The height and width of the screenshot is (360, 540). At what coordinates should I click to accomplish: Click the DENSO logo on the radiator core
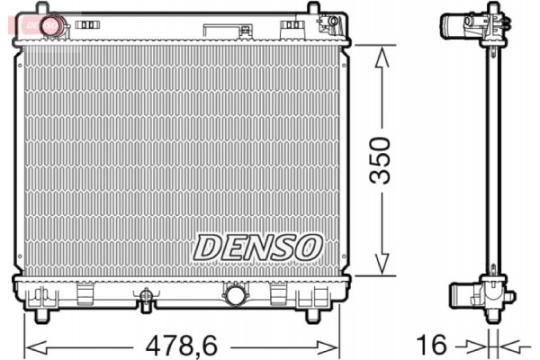click(x=257, y=245)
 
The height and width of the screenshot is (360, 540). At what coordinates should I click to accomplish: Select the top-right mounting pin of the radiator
click(x=312, y=11)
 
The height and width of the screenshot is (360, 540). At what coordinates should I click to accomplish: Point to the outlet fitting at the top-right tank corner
click(x=331, y=22)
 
